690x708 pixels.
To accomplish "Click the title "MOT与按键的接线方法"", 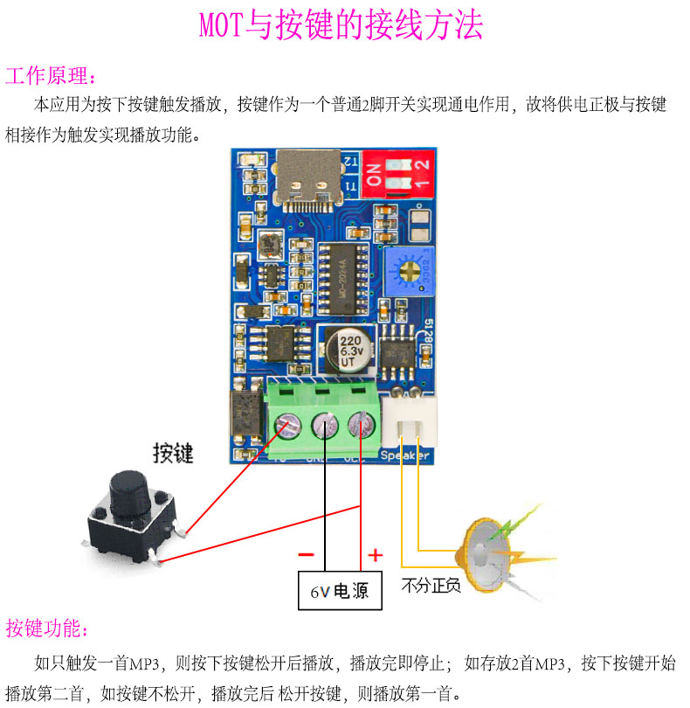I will [341, 26].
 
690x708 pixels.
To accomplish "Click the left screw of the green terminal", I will [287, 426].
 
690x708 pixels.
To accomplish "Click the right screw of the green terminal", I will [360, 426].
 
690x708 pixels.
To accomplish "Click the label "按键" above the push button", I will [173, 454].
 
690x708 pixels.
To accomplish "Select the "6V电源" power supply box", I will [340, 592].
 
